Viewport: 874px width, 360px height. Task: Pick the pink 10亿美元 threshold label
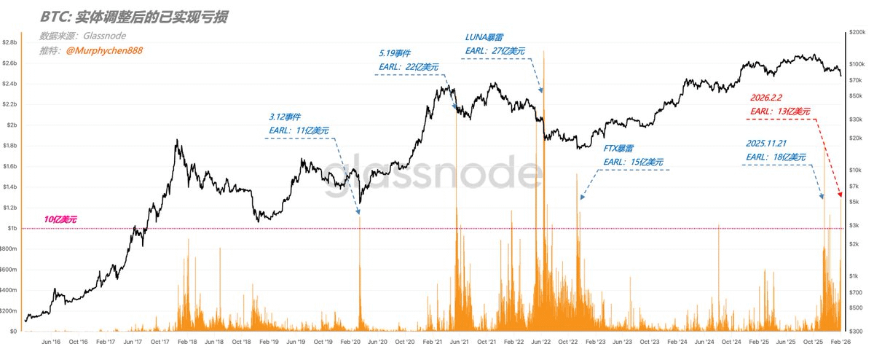(x=60, y=219)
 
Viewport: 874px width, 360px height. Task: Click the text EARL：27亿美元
(x=495, y=51)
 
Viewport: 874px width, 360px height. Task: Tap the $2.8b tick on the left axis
(x=10, y=43)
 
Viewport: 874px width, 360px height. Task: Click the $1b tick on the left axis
(x=12, y=228)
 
